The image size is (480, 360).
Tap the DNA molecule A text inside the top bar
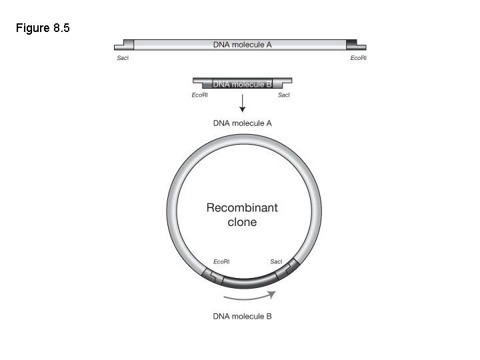tap(242, 45)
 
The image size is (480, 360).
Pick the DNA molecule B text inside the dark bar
tap(242, 84)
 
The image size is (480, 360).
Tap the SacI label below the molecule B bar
tap(283, 96)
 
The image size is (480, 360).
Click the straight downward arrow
tap(242, 103)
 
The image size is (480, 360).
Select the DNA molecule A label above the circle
tap(242, 123)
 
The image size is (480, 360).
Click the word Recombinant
tap(242, 207)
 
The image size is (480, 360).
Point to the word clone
tap(242, 222)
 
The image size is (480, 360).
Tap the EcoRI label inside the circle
tap(221, 261)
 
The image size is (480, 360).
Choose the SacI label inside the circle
tap(277, 261)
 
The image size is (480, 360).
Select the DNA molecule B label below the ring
tap(242, 316)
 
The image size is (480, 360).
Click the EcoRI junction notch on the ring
tap(211, 274)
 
